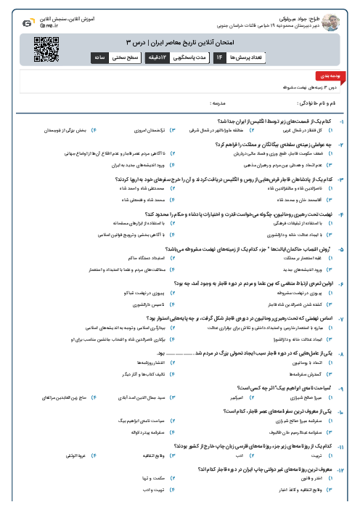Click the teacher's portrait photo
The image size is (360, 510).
tap(332, 19)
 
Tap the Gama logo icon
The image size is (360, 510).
tap(27, 23)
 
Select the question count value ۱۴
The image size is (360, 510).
tap(219, 56)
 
